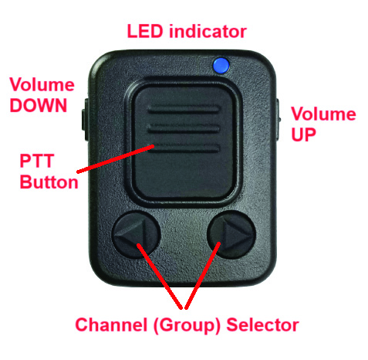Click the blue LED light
tap(221, 65)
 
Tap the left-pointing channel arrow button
tap(136, 235)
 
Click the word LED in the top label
tap(145, 32)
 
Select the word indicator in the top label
tap(208, 32)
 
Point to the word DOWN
tap(39, 105)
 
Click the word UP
tap(303, 134)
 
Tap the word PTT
tap(37, 161)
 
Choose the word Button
tap(49, 182)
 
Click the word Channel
tap(111, 324)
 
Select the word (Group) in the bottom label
tap(187, 325)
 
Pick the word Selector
tap(262, 324)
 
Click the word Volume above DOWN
tap(42, 84)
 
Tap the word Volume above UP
tap(323, 114)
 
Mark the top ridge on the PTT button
tap(184, 109)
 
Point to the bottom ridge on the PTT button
tap(184, 148)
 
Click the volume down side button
tap(86, 120)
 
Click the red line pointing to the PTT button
tap(115, 159)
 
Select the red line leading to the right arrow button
tap(202, 275)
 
